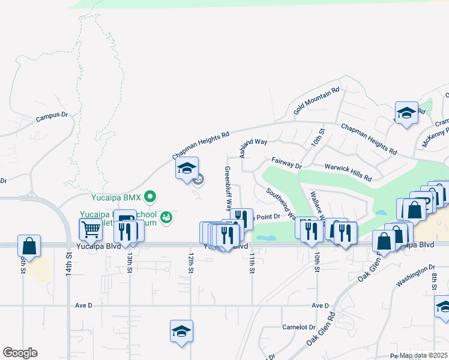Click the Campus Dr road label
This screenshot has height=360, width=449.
coord(53,118)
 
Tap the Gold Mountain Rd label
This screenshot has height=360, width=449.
coord(316,101)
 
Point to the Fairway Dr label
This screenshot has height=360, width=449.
coord(286,163)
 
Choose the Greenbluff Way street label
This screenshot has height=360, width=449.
coord(228,188)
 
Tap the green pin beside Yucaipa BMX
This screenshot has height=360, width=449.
coord(151,196)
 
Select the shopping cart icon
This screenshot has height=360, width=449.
coord(91,229)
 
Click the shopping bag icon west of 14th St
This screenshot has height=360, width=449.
coord(29,245)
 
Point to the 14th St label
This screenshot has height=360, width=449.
coord(69,263)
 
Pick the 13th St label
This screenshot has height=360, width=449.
coord(130,263)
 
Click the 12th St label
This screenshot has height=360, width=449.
coord(191,263)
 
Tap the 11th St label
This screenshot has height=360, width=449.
coord(252,263)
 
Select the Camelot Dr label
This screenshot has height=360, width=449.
coord(299,328)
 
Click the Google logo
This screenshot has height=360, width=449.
coord(20,353)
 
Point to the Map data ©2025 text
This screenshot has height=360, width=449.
coord(423,355)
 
